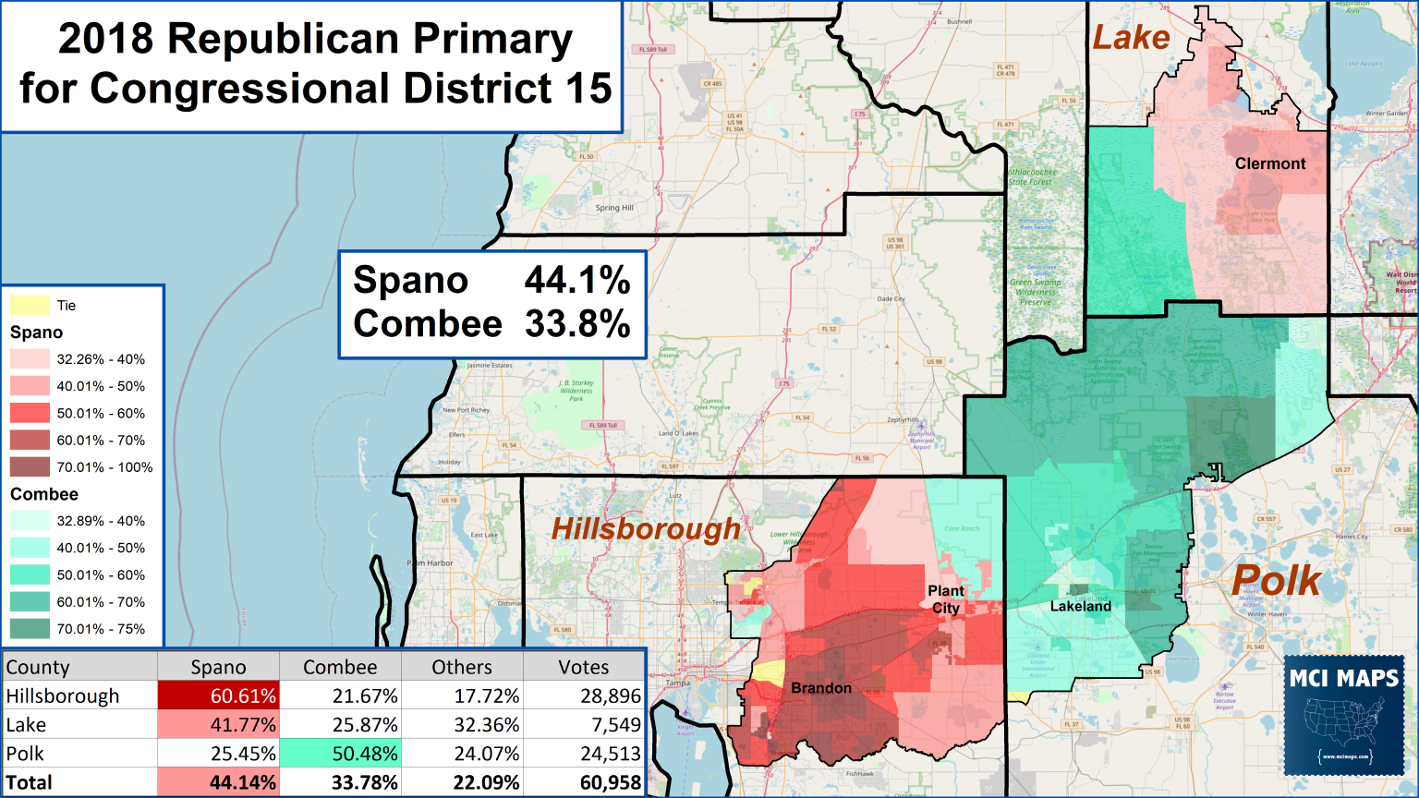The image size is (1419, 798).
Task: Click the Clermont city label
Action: point(1270,163)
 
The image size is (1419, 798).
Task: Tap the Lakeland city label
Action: point(1080,606)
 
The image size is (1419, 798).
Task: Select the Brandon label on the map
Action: point(821,688)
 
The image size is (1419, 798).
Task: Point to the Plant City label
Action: point(946,599)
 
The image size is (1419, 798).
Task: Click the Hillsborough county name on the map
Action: point(646,529)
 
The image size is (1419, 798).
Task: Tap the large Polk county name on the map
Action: point(1276,580)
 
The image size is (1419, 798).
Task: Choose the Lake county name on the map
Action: point(1131,38)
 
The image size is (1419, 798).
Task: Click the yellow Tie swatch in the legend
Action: point(30,306)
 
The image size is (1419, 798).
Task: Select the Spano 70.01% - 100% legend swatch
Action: point(30,467)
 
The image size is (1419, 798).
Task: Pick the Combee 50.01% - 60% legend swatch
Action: point(30,574)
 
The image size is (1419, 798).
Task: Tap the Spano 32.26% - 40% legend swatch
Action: point(30,359)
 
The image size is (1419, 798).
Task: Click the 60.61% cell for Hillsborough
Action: point(218,695)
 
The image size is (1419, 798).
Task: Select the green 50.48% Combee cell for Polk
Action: point(340,754)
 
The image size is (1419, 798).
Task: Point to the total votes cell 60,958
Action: point(584,782)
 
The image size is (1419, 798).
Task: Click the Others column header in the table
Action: point(462,667)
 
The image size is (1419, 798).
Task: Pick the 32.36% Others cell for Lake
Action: point(462,725)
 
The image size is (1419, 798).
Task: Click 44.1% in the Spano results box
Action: point(577,281)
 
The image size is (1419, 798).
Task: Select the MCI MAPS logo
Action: point(1344,715)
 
